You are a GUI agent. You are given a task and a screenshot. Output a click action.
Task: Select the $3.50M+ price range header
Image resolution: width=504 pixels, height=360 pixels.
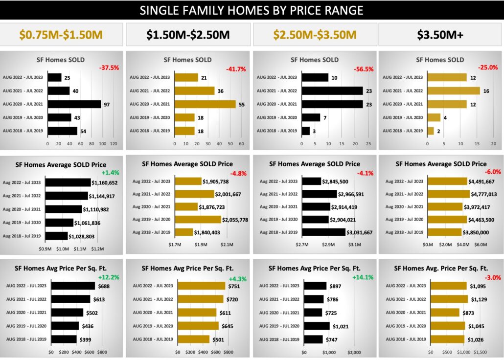tap(440, 34)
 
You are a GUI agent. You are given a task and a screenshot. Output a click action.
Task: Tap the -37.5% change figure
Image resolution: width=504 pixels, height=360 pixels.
tap(109, 68)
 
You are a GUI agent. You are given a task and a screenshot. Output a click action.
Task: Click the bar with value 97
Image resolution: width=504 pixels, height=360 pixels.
tap(74, 104)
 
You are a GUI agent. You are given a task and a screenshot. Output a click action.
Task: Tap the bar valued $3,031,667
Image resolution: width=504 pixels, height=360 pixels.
tap(323, 232)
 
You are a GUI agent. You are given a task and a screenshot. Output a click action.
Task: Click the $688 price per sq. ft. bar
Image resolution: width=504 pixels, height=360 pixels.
tap(73, 286)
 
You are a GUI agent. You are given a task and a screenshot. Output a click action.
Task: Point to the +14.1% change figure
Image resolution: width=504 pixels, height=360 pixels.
tap(362, 277)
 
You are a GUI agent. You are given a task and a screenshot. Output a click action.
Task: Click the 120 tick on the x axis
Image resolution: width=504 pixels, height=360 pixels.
tap(114, 144)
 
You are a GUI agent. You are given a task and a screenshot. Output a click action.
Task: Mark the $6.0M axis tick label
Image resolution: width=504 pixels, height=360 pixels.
tap(481, 244)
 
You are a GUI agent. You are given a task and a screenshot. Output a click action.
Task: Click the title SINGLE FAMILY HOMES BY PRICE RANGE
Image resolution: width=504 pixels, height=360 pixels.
tap(252, 10)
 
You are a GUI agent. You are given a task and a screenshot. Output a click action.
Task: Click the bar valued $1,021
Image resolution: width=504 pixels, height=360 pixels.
tap(317, 326)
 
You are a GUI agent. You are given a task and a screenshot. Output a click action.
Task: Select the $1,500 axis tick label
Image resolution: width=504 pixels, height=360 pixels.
tap(480, 352)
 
